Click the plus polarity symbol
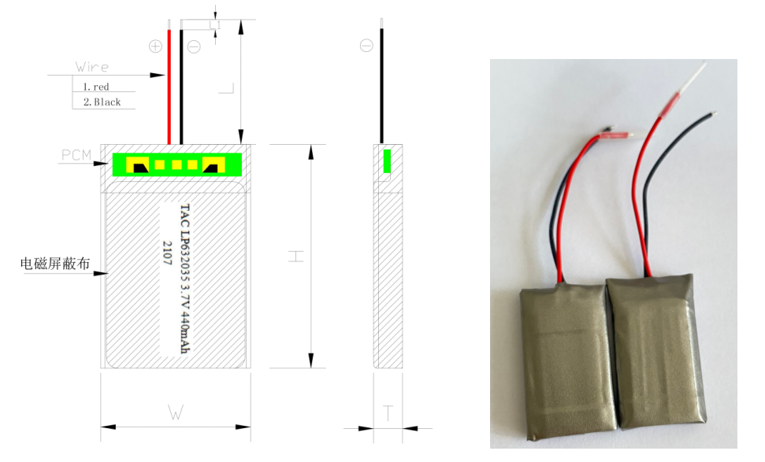tap(155, 46)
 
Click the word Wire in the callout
tap(92, 67)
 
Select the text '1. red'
tap(96, 87)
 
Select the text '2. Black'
tap(102, 102)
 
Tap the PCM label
tap(76, 155)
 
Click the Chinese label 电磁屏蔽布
tap(55, 264)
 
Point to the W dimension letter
tap(176, 412)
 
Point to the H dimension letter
tap(295, 257)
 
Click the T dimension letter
tap(388, 413)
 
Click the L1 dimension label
tap(215, 25)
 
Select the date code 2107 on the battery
tap(167, 253)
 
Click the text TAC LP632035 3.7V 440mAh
tap(185, 279)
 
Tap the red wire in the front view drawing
tap(169, 87)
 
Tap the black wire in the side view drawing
tap(381, 86)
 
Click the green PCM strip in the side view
tap(387, 161)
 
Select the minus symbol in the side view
tap(366, 46)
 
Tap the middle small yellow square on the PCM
tap(176, 164)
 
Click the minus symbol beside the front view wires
tap(194, 46)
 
